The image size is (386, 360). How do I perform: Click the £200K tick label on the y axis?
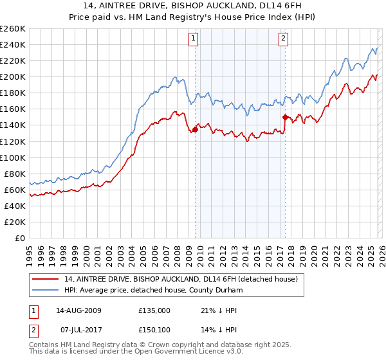pyautogui.click(x=12, y=76)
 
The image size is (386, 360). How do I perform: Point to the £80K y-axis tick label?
pyautogui.click(x=14, y=174)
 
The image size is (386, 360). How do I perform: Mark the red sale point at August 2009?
pyautogui.click(x=195, y=129)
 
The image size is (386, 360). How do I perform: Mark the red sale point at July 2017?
pyautogui.click(x=284, y=117)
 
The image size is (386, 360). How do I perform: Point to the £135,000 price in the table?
pyautogui.click(x=154, y=310)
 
